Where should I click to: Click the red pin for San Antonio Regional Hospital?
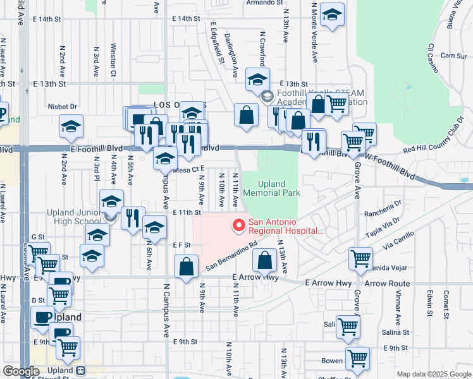238,224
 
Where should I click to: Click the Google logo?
21,371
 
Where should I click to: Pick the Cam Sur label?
453,56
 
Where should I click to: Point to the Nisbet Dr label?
63,107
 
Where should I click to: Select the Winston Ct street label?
113,59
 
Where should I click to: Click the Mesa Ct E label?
188,169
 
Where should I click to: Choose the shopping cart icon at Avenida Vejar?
360,258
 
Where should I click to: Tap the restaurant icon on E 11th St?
133,219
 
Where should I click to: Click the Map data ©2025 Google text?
433,374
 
